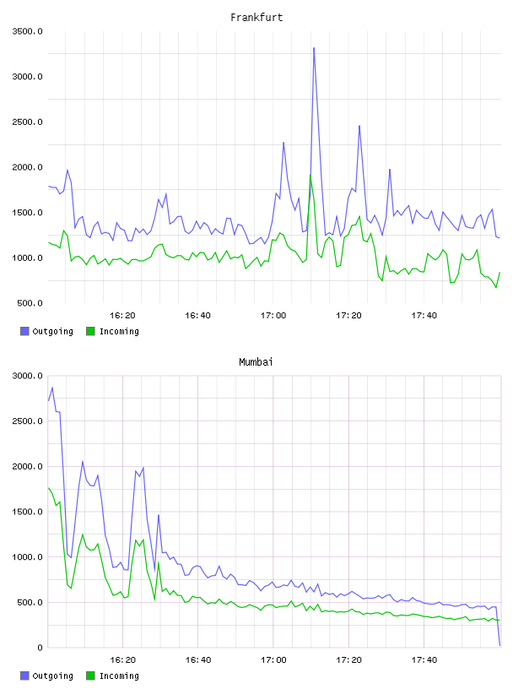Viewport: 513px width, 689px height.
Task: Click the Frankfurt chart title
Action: click(256, 17)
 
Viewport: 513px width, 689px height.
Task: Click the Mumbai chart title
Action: click(256, 361)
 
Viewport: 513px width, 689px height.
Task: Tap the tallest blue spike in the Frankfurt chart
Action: click(314, 48)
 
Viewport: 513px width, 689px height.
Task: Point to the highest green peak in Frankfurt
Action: click(310, 176)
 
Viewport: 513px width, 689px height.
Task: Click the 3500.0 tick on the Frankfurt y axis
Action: click(27, 31)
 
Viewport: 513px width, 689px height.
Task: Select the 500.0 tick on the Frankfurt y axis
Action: click(30, 303)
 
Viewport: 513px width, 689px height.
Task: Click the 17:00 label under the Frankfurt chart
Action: click(273, 315)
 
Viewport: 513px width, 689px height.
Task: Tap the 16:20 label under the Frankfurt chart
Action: click(122, 315)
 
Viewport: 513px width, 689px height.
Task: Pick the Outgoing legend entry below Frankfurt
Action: click(47, 331)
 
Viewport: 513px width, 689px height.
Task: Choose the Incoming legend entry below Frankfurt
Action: click(113, 331)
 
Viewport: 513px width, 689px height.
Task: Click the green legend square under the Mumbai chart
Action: click(90, 675)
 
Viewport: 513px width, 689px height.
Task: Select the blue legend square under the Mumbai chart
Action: click(24, 675)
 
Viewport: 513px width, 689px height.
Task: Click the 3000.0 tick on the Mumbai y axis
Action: click(27, 376)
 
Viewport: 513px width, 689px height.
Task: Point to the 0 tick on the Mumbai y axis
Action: click(40, 648)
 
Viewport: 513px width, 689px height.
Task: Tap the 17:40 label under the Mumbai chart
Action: click(424, 659)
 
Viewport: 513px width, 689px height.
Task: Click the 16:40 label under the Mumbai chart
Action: click(198, 659)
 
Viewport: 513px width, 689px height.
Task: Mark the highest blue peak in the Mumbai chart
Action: click(52, 388)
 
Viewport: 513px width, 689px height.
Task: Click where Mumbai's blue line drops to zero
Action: click(499, 645)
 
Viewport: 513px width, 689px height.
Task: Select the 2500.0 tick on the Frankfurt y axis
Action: click(27, 122)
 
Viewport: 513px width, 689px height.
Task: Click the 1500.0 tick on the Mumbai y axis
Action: click(27, 512)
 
